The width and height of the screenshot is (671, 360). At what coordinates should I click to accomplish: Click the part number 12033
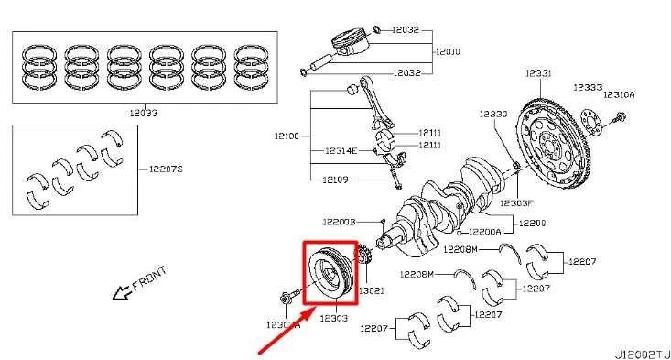click(x=145, y=114)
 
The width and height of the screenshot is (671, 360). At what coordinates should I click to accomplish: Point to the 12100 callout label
click(x=286, y=136)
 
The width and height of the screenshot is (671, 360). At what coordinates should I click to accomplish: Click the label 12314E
click(x=341, y=149)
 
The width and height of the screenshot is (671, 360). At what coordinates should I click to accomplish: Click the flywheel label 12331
click(x=538, y=72)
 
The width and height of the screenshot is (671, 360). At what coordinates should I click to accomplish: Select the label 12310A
click(x=618, y=94)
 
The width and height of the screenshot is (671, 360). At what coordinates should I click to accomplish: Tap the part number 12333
click(x=588, y=87)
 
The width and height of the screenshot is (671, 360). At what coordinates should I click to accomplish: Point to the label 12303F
click(x=515, y=202)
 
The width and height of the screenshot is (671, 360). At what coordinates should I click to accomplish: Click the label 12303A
click(x=283, y=324)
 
